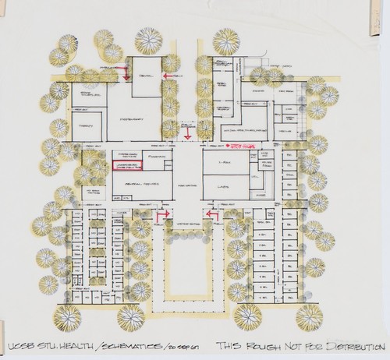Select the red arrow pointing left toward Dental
point(172,76)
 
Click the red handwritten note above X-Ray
point(243,145)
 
